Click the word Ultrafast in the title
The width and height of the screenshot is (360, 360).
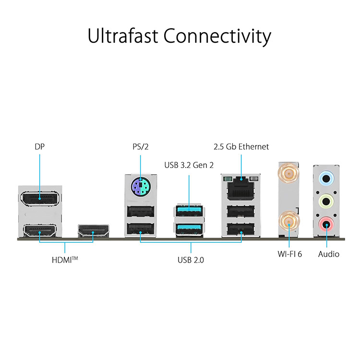coord(123,36)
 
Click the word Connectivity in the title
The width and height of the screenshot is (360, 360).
coord(217,37)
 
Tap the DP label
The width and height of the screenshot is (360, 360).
coord(39,147)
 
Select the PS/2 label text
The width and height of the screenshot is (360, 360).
coord(141,147)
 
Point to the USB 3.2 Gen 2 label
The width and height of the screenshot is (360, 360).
coord(189,165)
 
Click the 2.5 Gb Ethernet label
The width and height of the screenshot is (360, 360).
coord(241,147)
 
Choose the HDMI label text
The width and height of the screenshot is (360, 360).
coord(65,260)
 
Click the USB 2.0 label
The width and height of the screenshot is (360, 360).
coord(191,260)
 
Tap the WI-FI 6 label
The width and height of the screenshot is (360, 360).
coord(290,254)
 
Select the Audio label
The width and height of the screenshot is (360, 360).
coord(328,254)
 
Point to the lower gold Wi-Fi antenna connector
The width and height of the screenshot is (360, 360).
coord(289,222)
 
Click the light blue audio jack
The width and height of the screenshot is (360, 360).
coord(326,178)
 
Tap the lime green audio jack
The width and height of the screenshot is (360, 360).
coord(326,202)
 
